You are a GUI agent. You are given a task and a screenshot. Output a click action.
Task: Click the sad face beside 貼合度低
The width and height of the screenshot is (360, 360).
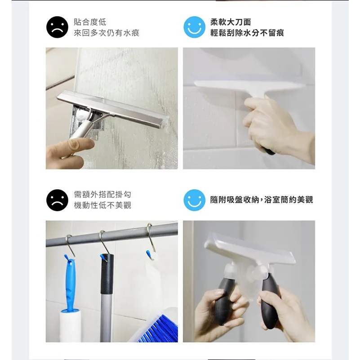coord(57,27)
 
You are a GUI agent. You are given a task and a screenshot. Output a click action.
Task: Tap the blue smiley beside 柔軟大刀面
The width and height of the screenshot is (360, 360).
coord(194,27)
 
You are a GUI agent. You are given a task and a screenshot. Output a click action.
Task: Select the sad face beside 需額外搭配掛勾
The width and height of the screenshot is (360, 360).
coord(57,200)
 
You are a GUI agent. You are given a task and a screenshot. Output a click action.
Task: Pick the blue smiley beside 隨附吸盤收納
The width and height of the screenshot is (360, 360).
coord(194,200)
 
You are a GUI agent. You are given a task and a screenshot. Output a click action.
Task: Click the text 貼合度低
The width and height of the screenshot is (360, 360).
coord(90,22)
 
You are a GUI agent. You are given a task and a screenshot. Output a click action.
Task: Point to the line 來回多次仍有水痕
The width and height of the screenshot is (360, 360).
coord(107,33)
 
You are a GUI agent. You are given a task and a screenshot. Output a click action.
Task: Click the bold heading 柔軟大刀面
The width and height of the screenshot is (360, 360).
coord(231,22)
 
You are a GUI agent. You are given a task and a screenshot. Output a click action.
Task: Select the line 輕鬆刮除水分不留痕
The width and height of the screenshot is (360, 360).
coord(247,33)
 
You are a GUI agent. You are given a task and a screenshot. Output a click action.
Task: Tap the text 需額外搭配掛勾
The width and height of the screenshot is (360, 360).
coord(102,195)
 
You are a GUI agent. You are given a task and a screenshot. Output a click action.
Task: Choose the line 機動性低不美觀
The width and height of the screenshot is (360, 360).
coord(102,205)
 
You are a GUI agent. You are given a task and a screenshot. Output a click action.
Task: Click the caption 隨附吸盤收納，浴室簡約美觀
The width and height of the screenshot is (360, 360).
coord(262,200)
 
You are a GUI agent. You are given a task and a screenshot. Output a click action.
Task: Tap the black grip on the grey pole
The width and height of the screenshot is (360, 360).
coord(107,274)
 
